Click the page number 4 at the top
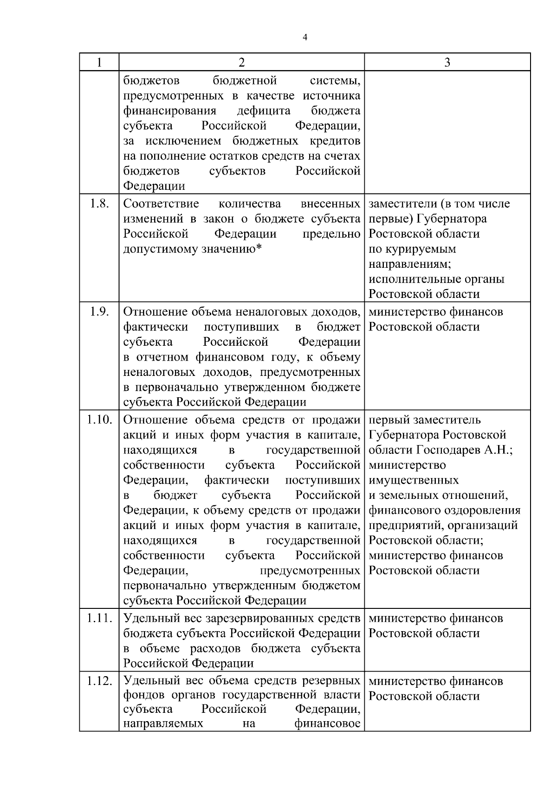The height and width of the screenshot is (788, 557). coord(304,38)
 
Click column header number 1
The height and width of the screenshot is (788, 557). coord(99,62)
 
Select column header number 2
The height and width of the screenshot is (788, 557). coord(241,62)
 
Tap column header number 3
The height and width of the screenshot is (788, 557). coord(447,62)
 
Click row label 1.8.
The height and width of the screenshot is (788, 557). coord(99,204)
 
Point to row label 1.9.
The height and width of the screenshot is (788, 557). coord(99,312)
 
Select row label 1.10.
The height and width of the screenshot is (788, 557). coord(99,420)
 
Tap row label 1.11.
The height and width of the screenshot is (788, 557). coord(99,618)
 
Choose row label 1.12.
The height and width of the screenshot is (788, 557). coord(99,681)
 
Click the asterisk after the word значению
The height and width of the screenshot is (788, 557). coord(259,248)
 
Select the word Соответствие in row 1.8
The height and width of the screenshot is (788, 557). coord(161,204)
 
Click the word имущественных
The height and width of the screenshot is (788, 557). coord(414,480)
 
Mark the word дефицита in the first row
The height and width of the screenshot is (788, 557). coord(264,111)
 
